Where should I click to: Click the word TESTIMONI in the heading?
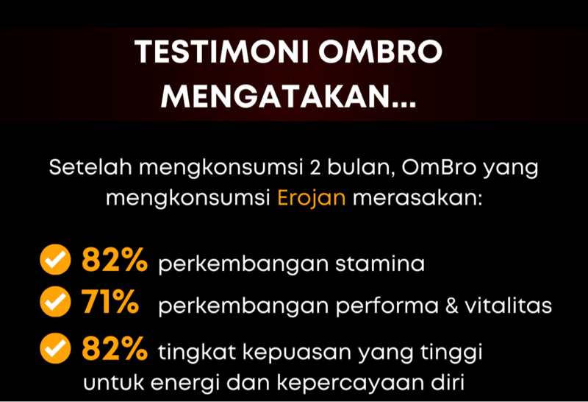pos(222,52)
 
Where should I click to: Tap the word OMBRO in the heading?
pos(380,52)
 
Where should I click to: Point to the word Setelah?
pos(90,167)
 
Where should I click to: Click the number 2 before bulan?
pos(315,168)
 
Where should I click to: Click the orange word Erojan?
pos(311,198)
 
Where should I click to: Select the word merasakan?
pos(417,197)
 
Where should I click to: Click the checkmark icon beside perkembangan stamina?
pos(55,260)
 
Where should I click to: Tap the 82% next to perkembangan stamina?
pos(115,259)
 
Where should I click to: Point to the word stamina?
pos(380,264)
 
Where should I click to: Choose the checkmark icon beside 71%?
pos(55,301)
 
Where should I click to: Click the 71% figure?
pos(110,301)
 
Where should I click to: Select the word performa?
pos(387,306)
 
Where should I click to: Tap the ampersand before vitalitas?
pos(451,306)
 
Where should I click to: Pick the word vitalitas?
pos(509,306)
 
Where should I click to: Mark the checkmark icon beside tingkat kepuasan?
pos(55,348)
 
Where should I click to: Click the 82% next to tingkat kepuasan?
pos(115,348)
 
